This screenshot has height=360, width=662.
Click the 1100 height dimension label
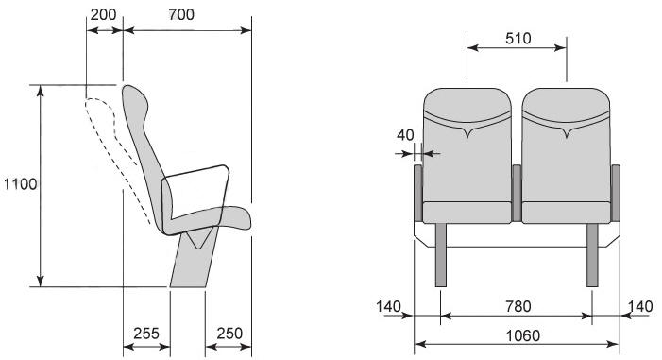20,184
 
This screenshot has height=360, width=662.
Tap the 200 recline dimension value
103,14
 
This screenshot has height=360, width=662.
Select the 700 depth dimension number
181,14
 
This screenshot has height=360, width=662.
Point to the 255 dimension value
146,334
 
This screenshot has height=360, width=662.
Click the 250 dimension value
229,334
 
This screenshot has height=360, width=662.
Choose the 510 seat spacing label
518,39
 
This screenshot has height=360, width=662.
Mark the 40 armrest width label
405,135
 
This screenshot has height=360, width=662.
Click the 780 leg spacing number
518,306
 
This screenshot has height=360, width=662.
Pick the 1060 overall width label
522,336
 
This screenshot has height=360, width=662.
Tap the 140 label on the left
388,306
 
